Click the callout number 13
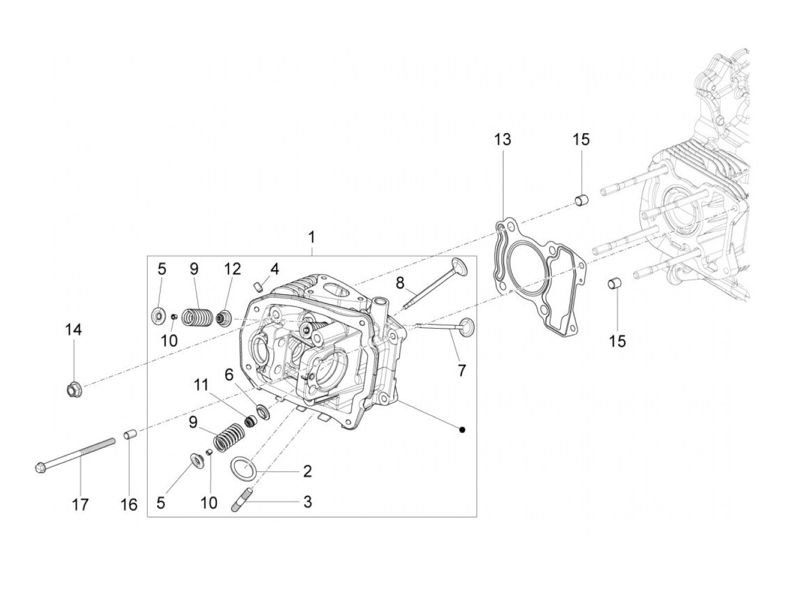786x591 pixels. click(x=502, y=140)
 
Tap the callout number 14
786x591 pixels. click(x=74, y=330)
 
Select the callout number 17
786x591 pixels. click(x=80, y=504)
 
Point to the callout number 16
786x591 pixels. click(x=129, y=504)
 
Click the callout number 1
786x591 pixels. click(x=312, y=238)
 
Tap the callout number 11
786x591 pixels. click(x=202, y=385)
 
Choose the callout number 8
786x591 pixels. click(x=400, y=283)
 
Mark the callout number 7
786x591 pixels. click(x=461, y=371)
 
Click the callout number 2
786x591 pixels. click(x=307, y=471)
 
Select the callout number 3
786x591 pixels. click(x=307, y=501)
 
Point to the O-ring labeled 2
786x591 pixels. click(x=242, y=466)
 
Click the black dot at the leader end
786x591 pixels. click(x=461, y=430)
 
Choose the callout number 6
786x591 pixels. click(x=229, y=373)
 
